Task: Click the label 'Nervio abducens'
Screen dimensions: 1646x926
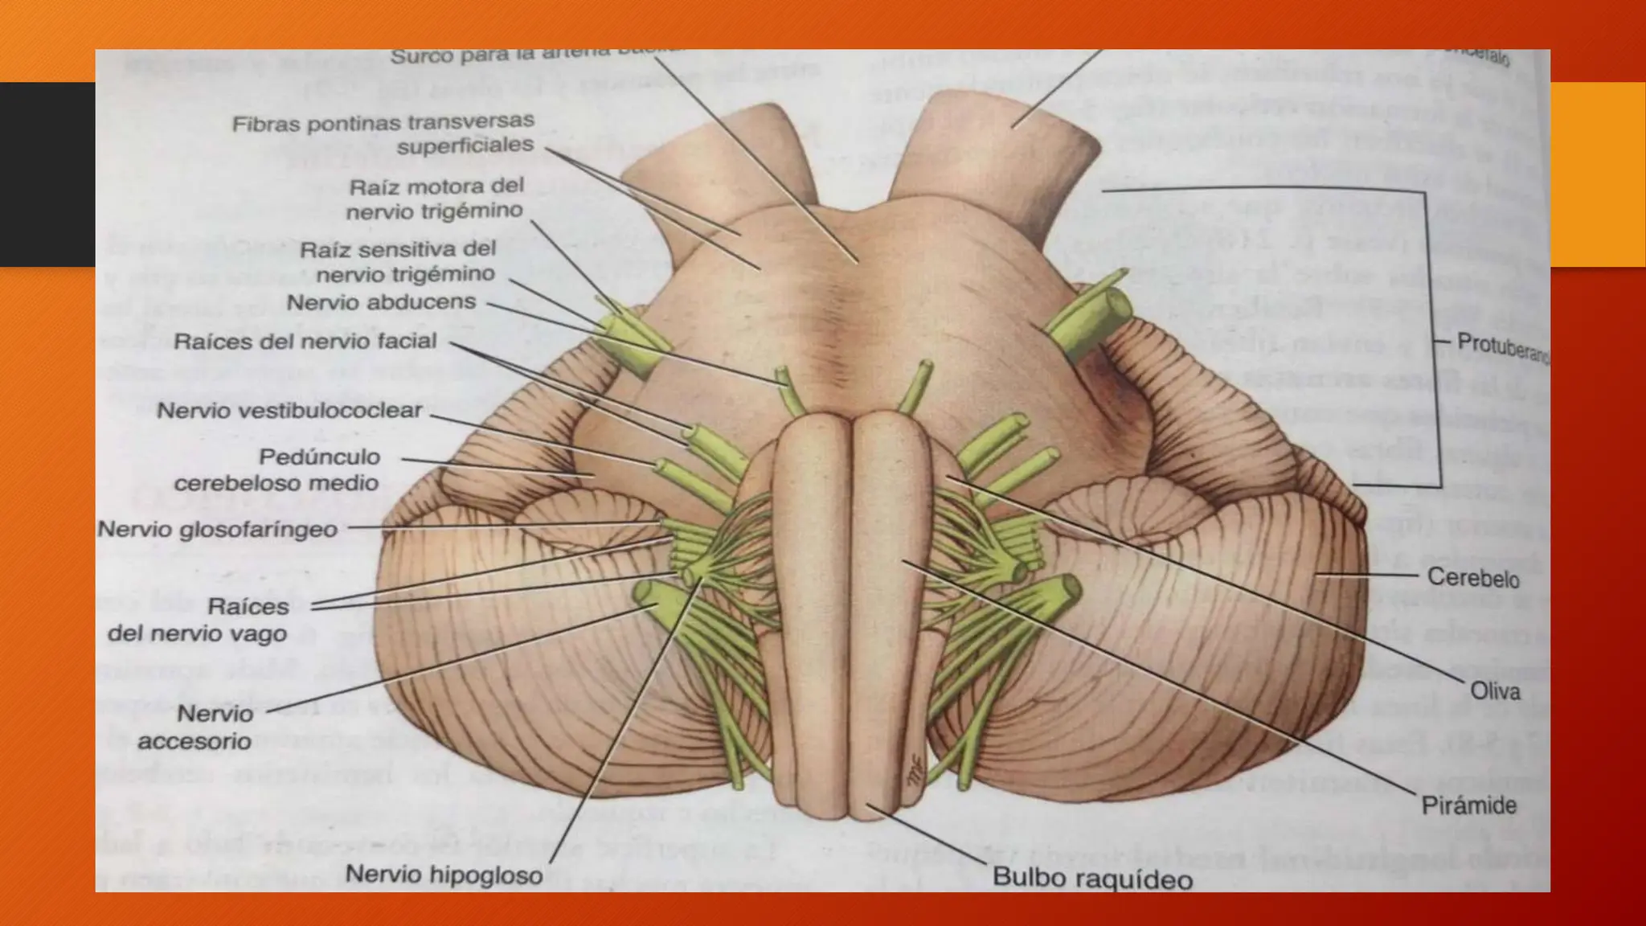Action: pos(381,302)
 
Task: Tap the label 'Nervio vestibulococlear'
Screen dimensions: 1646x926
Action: pos(289,411)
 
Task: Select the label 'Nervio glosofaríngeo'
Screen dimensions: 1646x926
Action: pos(217,530)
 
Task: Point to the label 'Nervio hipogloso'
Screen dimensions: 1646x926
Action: pos(444,875)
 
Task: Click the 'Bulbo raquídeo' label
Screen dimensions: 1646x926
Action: pos(1092,878)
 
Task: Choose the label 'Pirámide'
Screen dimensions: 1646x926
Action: pos(1468,805)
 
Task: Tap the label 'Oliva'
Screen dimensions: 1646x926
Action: pos(1495,690)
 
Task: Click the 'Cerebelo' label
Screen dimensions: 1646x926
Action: pos(1473,577)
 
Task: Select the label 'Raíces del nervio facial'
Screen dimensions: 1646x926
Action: pos(305,342)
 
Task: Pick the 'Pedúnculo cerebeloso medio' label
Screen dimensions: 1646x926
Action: pos(277,469)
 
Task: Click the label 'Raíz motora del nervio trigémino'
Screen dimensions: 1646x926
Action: pos(435,199)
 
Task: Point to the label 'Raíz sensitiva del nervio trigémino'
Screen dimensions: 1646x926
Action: pos(398,262)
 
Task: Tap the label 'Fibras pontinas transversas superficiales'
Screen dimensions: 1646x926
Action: pos(384,134)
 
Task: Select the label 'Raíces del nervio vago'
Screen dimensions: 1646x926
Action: pos(199,620)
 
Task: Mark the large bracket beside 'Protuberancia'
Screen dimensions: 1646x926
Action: pos(1434,338)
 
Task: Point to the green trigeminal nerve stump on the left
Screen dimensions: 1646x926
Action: pos(632,342)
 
